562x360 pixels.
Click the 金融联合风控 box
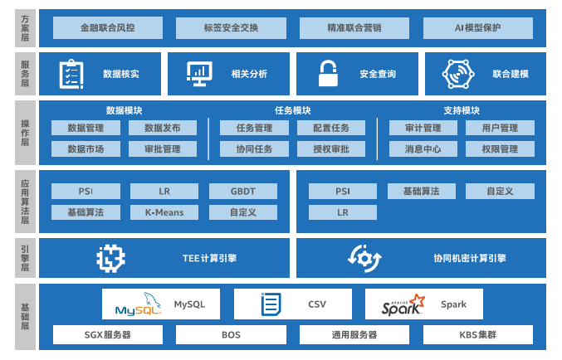click(108, 27)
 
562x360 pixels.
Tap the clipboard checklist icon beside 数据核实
click(70, 74)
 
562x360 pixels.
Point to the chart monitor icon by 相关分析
click(198, 74)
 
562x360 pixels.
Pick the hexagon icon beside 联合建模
click(457, 74)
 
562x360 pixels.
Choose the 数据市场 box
click(86, 149)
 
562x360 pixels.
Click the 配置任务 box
click(331, 128)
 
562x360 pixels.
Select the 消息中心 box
click(423, 149)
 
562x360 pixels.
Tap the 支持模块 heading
click(462, 110)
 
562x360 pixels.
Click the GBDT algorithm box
click(243, 191)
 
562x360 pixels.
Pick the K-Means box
click(164, 212)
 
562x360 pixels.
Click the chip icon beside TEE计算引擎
click(110, 258)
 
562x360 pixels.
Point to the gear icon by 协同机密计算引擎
click(364, 258)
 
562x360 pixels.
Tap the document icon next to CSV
click(271, 304)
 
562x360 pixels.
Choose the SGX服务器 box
click(108, 335)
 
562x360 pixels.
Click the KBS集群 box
click(477, 335)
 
